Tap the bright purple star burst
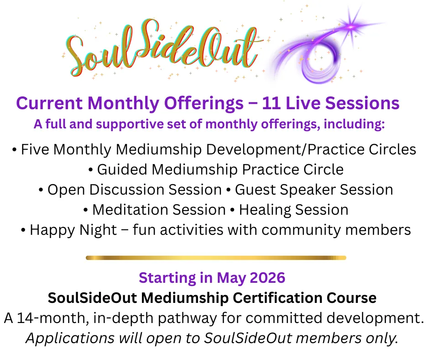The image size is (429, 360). pos(351,26)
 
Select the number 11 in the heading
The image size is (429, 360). pos(271,103)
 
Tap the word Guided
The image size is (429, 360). pos(122,169)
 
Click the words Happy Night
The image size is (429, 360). pos(73,230)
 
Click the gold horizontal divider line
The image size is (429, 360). pos(216,258)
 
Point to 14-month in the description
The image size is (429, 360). pos(53,318)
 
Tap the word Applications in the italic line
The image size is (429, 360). pos(70,339)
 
